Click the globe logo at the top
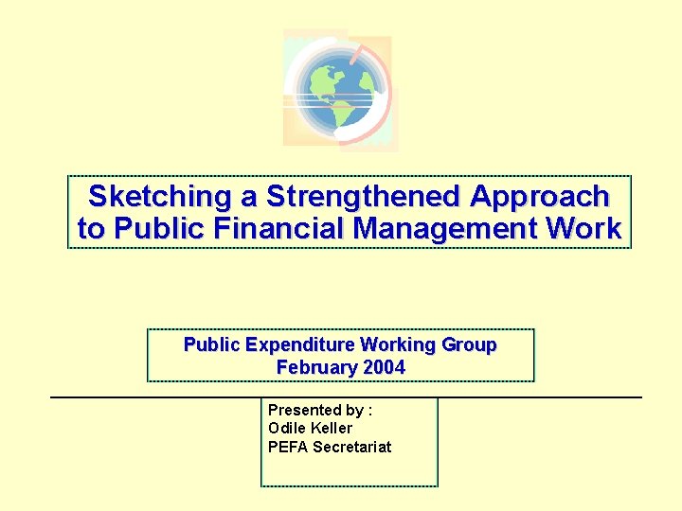point(338,90)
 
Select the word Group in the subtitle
point(473,344)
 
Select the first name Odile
point(285,428)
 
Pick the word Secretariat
point(351,447)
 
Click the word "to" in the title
point(91,229)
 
